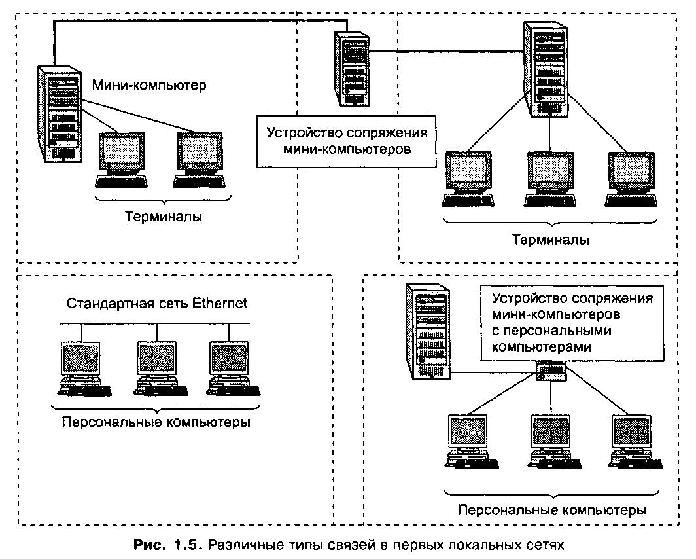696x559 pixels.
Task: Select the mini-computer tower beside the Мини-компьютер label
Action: [61, 114]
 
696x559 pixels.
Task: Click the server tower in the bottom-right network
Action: [428, 331]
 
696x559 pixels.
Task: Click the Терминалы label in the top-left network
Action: [164, 217]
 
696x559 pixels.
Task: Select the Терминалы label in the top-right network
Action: [550, 240]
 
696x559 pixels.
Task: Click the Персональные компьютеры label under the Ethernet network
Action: [156, 422]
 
